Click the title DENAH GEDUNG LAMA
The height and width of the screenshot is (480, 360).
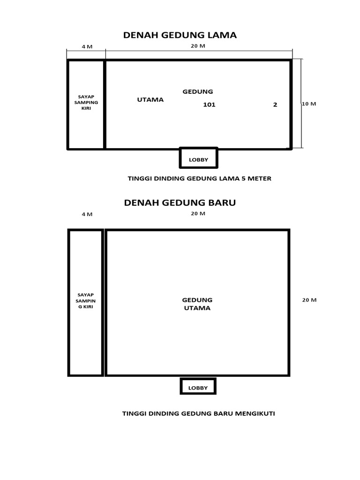coord(180,35)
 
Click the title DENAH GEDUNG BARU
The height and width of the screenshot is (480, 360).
coord(180,203)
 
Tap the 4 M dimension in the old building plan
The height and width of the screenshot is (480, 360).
coord(87,46)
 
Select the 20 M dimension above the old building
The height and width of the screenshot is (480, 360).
coord(198,46)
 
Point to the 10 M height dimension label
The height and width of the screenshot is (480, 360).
coord(309,104)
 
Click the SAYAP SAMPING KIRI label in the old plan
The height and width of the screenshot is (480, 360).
coord(86,102)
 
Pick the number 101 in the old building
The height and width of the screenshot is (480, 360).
coord(209,105)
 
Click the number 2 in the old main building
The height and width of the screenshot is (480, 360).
coord(275,105)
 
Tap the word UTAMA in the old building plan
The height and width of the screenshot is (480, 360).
coord(150,99)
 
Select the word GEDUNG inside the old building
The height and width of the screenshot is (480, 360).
coord(198,91)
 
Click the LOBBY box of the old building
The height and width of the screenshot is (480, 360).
coord(198,158)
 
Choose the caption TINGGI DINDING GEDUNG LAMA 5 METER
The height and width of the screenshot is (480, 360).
coord(200,179)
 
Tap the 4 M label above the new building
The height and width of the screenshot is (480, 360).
coord(87,214)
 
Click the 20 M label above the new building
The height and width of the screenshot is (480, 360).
coord(198,213)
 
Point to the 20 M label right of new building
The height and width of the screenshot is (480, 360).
coord(309,300)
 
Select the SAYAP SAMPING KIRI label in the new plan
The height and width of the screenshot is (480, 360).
coord(86,300)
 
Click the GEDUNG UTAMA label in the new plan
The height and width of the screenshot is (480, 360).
coord(197,304)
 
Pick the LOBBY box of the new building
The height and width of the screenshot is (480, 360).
coord(198,387)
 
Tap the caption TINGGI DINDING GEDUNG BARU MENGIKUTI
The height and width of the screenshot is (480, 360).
coord(198,413)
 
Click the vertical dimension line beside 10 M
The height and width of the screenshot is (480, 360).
coord(301,104)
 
